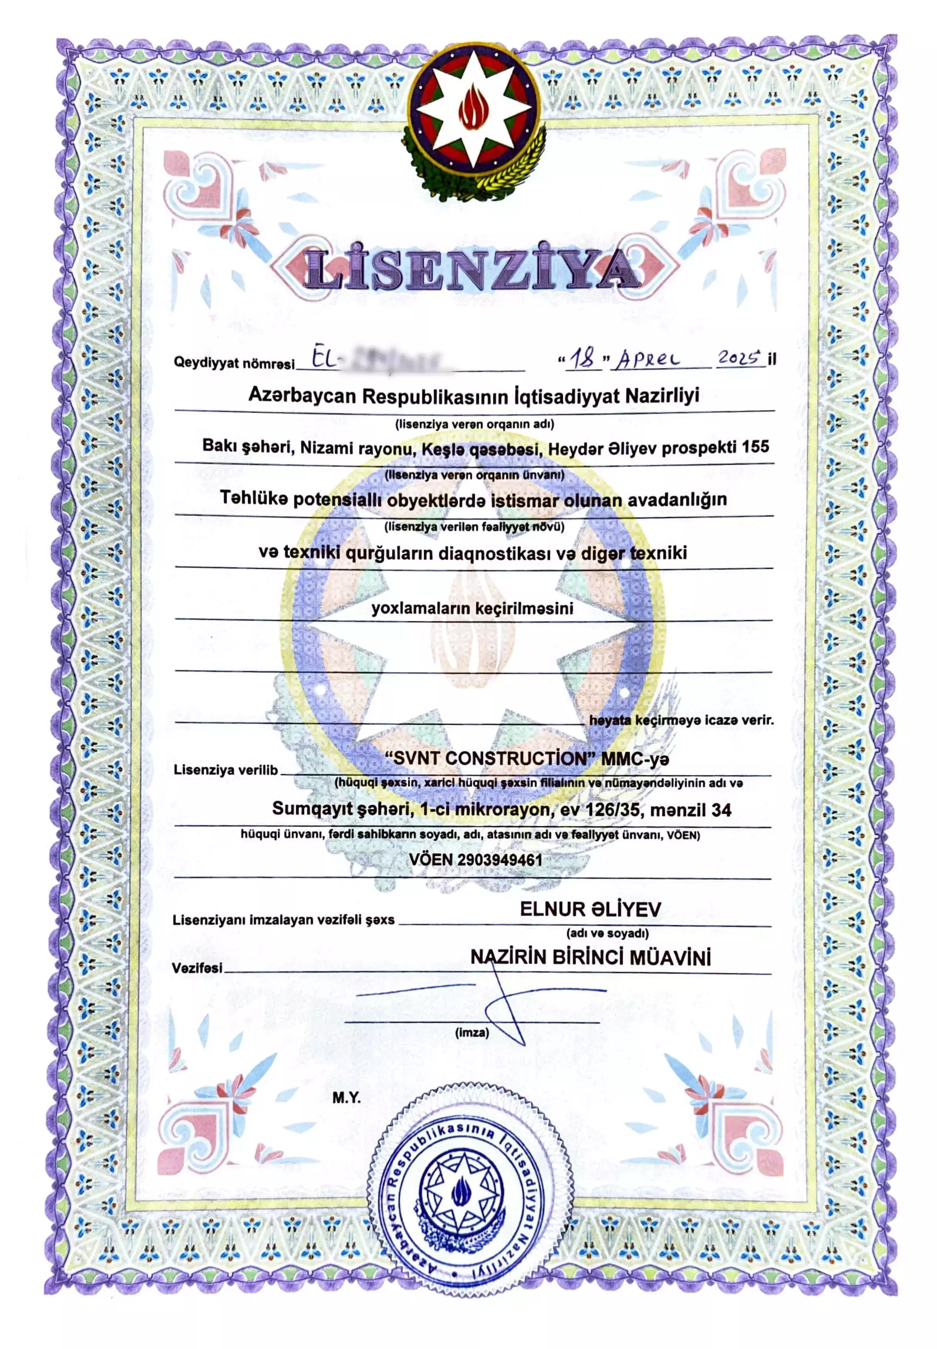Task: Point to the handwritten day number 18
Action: click(584, 358)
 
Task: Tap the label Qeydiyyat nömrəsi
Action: click(234, 363)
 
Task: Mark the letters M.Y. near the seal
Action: click(346, 1098)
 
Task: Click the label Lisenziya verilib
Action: click(226, 770)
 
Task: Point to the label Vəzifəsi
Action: click(197, 968)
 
